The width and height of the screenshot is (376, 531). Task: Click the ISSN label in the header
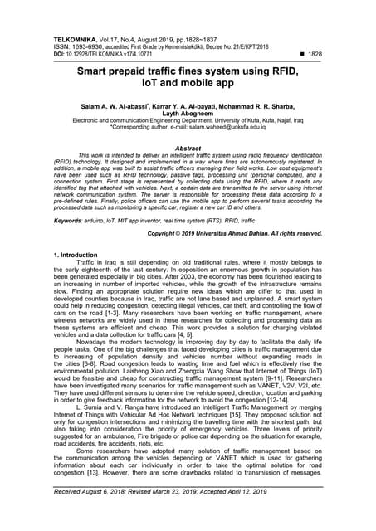tap(62, 46)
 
